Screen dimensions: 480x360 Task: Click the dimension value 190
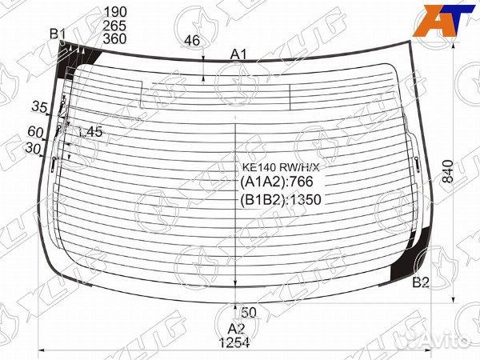(x=115, y=12)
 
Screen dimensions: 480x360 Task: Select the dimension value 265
(x=115, y=26)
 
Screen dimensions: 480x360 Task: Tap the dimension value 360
(x=115, y=39)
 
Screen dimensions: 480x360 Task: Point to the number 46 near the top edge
(x=192, y=41)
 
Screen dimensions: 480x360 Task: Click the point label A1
(x=238, y=54)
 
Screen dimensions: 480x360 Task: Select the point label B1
(x=58, y=34)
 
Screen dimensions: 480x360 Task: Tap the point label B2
(x=421, y=282)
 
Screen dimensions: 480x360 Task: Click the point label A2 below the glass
(x=237, y=329)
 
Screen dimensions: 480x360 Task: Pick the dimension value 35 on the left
(x=39, y=107)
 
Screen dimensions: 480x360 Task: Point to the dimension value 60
(x=35, y=132)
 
